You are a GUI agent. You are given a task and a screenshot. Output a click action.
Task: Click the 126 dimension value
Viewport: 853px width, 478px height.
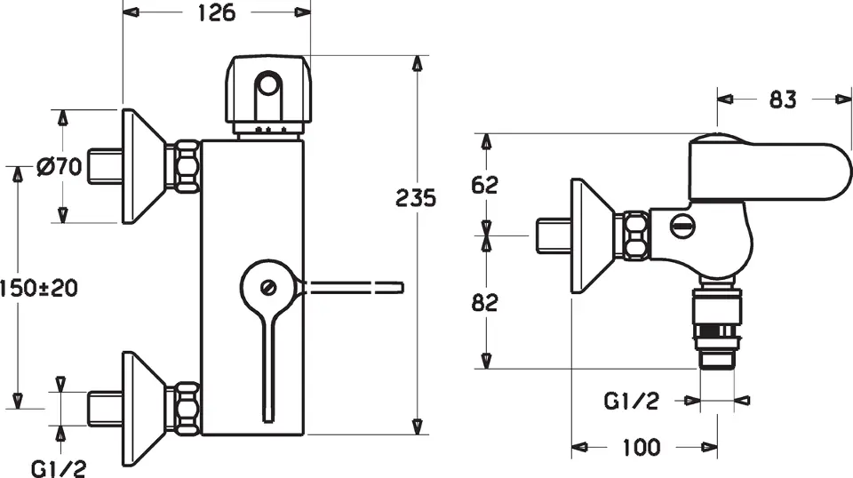point(217,12)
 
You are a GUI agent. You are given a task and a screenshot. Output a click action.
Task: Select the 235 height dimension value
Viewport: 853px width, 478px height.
point(416,198)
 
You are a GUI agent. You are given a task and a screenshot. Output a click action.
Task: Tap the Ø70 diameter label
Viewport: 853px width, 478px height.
point(60,166)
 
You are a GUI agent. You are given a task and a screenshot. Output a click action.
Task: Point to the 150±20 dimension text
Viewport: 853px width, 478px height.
point(38,288)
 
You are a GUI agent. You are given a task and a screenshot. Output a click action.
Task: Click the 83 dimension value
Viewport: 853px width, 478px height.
point(783,100)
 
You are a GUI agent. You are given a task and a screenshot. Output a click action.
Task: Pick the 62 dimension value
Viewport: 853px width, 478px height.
point(484,185)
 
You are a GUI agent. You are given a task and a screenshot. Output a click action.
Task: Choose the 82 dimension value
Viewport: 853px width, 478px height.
point(484,302)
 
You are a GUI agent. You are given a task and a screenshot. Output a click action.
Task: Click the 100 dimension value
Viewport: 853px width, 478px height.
point(642,448)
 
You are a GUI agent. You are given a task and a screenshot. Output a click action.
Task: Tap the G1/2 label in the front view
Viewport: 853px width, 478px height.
point(59,467)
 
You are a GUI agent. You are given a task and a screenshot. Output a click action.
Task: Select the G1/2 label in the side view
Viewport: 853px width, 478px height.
point(632,402)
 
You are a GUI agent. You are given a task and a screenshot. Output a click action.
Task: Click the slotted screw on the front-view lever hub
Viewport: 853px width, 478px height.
point(267,287)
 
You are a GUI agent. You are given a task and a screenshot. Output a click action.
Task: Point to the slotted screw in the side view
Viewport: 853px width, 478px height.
point(682,226)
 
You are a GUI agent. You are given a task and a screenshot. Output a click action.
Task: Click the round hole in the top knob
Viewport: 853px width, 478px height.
point(267,85)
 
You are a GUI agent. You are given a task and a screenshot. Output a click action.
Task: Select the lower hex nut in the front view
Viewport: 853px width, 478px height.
point(186,408)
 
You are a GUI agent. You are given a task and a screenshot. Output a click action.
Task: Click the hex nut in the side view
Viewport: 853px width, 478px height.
point(634,235)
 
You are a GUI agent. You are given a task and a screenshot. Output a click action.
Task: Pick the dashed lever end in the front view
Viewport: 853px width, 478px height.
point(355,288)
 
